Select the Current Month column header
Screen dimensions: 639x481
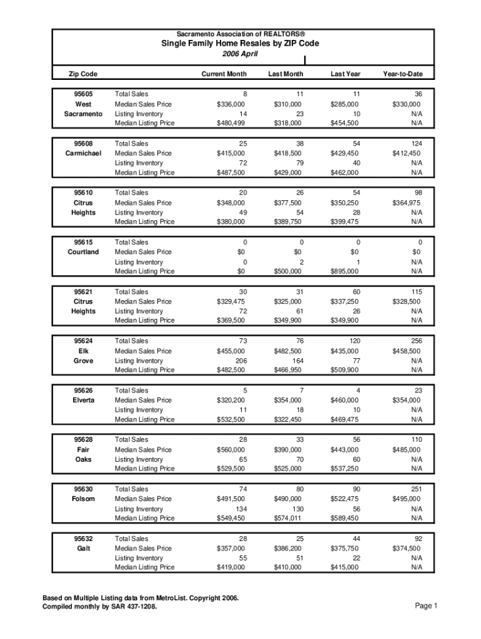[x=224, y=74]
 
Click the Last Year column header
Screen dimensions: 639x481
[x=345, y=74]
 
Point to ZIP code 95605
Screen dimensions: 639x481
[x=83, y=94]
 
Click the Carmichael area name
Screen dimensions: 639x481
[x=83, y=153]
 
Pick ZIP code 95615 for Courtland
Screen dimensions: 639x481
[x=83, y=242]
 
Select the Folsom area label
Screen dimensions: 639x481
[x=83, y=499]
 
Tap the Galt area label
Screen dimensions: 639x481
[x=83, y=548]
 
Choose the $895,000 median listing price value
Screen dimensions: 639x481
[x=344, y=271]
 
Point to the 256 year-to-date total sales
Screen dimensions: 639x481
[x=415, y=341]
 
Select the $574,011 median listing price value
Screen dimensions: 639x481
[x=287, y=518]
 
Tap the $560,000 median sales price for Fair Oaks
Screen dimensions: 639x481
[x=231, y=449]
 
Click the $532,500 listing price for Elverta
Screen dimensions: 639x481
[x=231, y=419]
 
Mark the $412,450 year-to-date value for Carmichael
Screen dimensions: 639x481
[x=406, y=153]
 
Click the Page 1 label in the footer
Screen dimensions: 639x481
[x=426, y=606]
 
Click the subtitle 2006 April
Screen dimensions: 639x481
[x=241, y=54]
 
